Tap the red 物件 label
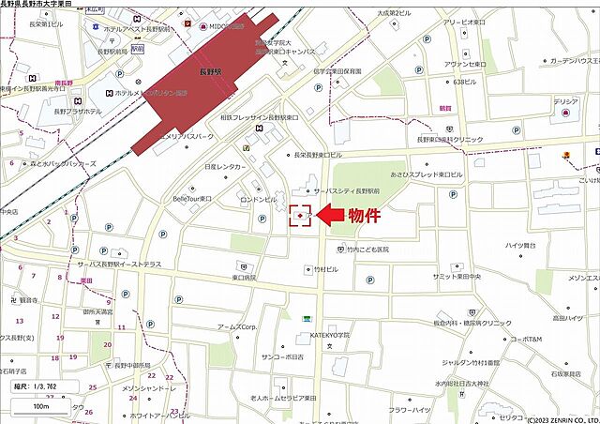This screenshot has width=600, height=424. (365, 216)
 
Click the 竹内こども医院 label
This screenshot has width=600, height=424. (352, 250)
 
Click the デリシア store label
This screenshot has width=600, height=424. (565, 101)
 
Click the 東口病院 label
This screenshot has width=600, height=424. (244, 278)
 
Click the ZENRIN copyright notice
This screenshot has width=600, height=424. (553, 418)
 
